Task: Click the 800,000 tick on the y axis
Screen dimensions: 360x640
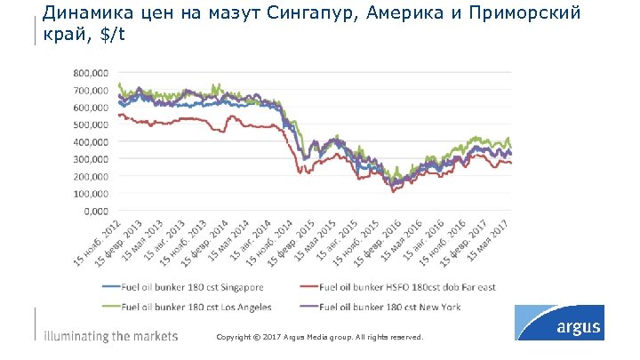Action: coord(92,73)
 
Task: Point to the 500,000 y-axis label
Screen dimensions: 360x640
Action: coord(92,124)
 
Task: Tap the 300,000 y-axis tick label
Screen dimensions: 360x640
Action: coord(92,159)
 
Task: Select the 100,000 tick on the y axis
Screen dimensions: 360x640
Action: coord(92,193)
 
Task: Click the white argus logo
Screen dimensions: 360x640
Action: coord(578,327)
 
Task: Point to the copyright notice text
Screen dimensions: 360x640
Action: coord(320,339)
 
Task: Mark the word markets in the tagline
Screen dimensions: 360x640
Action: coord(155,337)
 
